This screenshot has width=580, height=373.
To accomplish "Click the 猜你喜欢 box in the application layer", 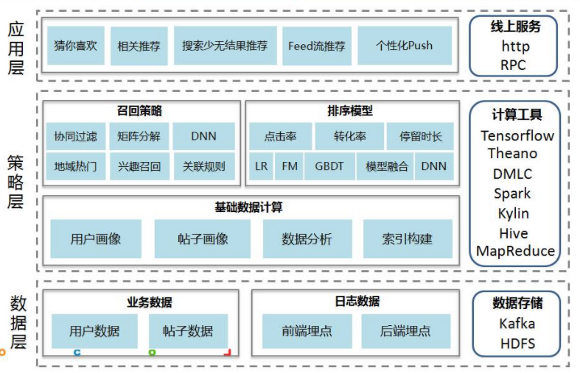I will click(75, 46).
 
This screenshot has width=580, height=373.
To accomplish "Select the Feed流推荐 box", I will click(316, 46).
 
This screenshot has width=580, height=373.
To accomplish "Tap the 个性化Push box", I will click(404, 46).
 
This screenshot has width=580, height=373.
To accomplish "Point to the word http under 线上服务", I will click(515, 46).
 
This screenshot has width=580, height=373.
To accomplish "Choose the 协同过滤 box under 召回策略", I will click(75, 136).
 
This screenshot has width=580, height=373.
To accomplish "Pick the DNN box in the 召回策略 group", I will click(203, 136).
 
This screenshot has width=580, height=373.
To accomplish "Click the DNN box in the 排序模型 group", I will click(434, 166).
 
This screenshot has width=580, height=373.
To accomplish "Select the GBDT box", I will click(329, 166).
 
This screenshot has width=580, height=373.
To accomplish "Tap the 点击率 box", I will click(280, 136).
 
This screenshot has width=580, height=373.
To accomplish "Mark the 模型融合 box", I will click(387, 166).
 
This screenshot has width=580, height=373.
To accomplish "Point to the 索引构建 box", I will click(407, 239).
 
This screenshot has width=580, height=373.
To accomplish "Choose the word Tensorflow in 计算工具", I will click(517, 136).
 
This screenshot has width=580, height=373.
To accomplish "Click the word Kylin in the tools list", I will click(513, 213).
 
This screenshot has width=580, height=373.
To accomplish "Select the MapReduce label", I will click(515, 251).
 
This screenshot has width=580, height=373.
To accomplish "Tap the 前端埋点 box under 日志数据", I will click(307, 331).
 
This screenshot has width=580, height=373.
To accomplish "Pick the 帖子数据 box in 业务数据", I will click(188, 331).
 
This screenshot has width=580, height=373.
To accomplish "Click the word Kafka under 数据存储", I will click(517, 324).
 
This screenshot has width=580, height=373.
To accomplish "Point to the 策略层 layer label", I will click(16, 182).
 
